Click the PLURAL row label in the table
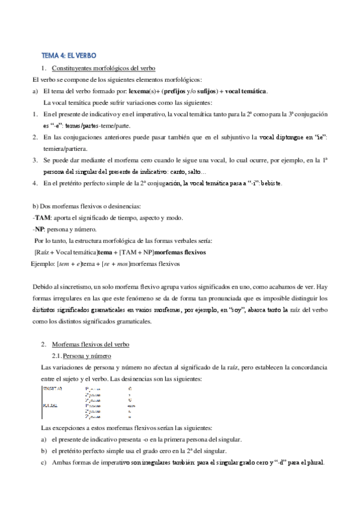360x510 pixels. [x=50, y=405]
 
